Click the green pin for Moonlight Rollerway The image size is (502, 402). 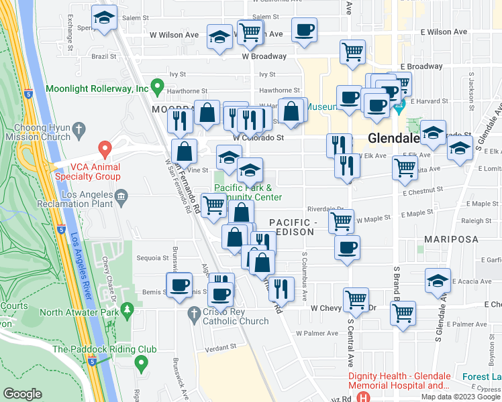158,87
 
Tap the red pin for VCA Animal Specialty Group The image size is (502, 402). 105,148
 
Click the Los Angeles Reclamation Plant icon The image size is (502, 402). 121,195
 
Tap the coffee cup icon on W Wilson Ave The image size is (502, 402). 304,31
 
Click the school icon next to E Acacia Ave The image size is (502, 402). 438,280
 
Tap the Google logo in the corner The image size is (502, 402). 23,394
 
